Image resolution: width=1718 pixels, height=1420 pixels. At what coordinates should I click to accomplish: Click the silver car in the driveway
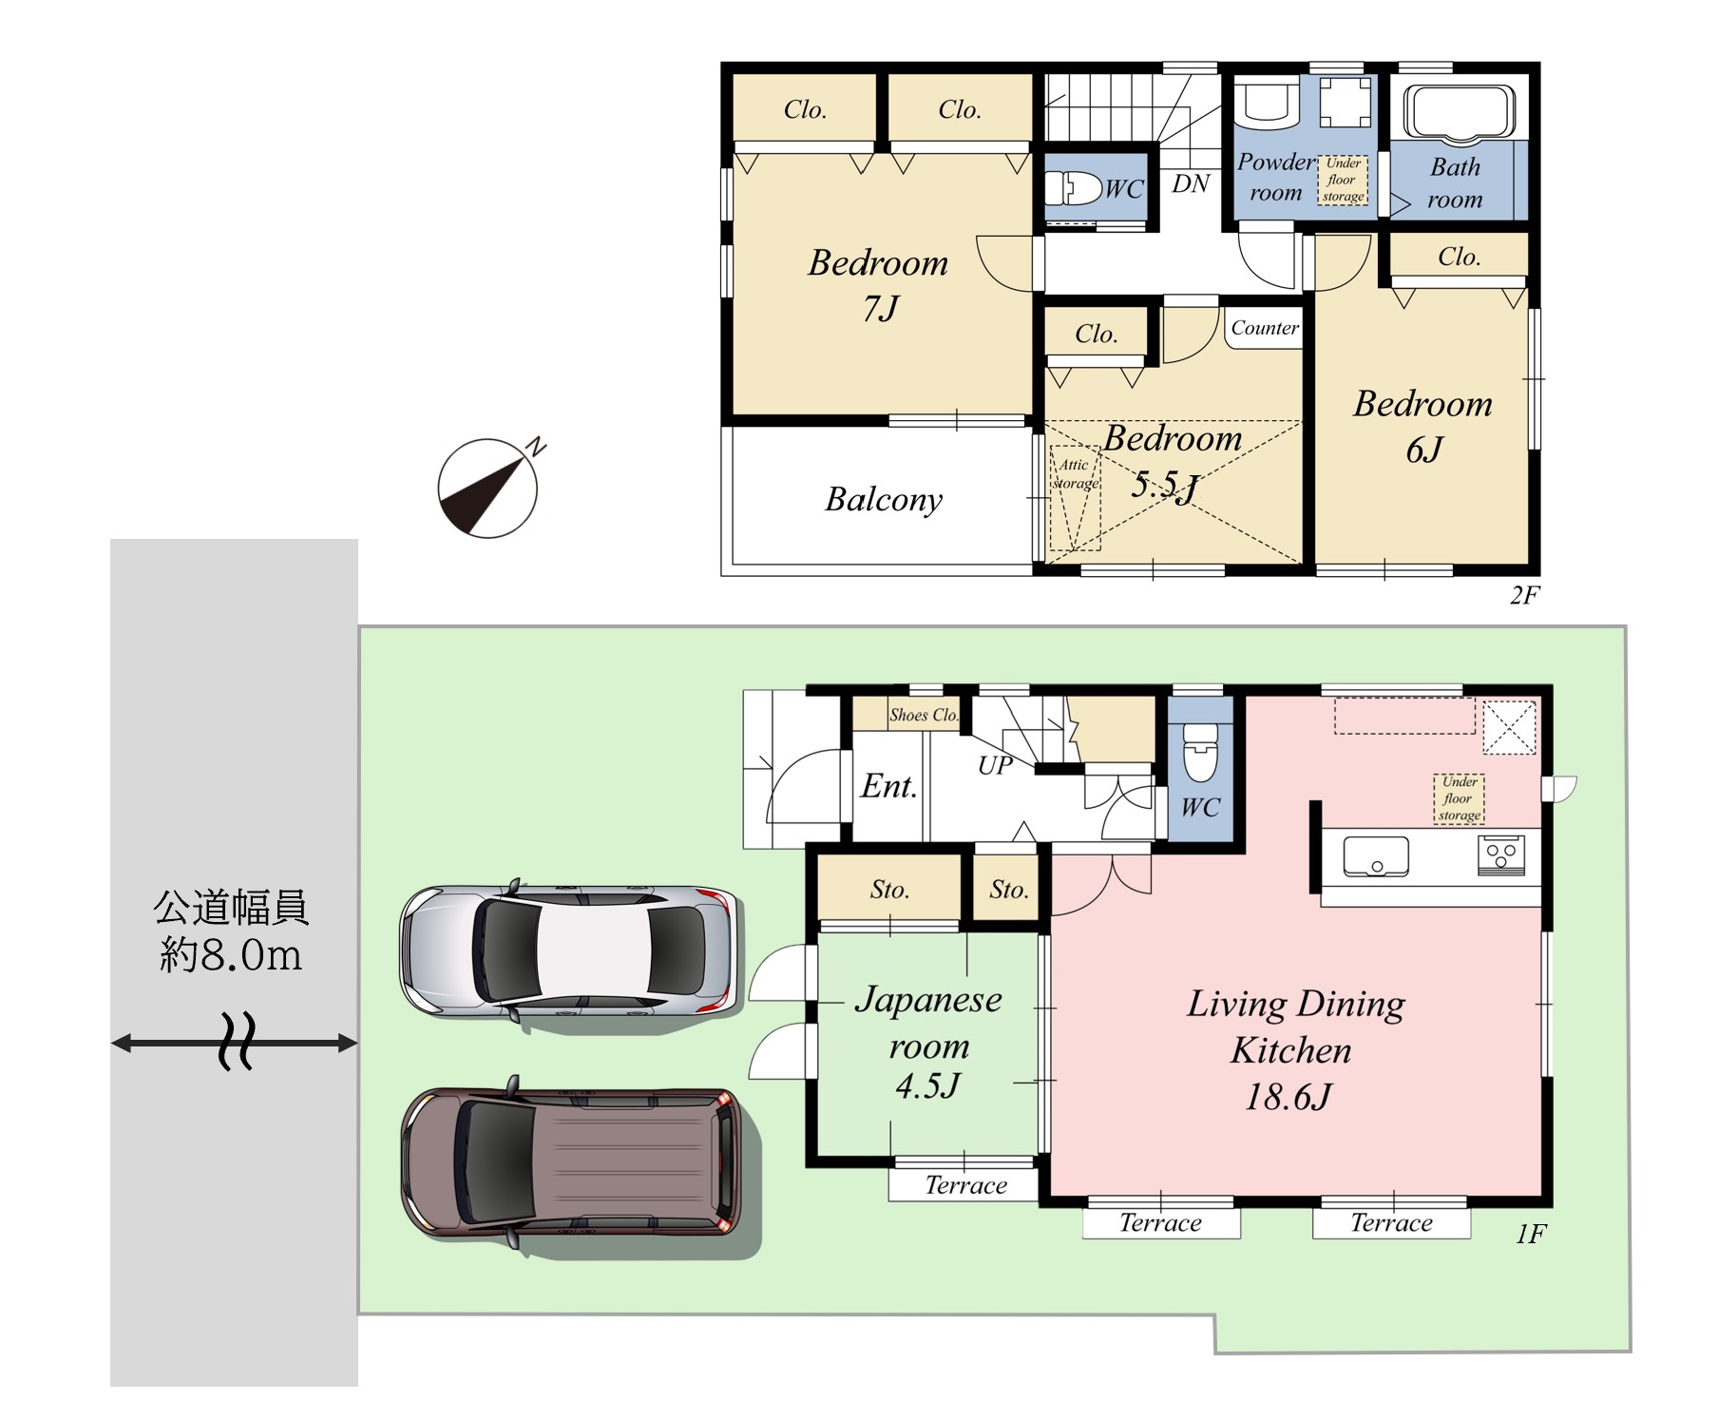pyautogui.click(x=568, y=950)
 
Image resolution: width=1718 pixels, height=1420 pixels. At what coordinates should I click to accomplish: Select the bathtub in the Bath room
pyautogui.click(x=1460, y=113)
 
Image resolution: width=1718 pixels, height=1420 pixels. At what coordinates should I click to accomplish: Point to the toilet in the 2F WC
pyautogui.click(x=1074, y=187)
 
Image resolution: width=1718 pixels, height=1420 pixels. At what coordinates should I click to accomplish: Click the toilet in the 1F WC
pyautogui.click(x=1200, y=751)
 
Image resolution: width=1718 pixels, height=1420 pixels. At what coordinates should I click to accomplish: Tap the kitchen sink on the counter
pyautogui.click(x=1376, y=855)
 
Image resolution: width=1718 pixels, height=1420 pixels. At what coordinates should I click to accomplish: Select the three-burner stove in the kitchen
pyautogui.click(x=1501, y=854)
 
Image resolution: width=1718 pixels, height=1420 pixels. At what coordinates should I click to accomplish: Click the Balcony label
pyautogui.click(x=884, y=500)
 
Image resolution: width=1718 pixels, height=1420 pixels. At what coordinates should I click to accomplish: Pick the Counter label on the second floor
pyautogui.click(x=1265, y=328)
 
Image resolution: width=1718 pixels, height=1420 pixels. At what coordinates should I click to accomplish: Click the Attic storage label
pyautogui.click(x=1075, y=473)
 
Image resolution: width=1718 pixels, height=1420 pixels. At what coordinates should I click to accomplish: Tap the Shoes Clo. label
pyautogui.click(x=924, y=715)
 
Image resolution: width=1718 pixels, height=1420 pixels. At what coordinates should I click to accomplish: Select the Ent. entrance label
pyautogui.click(x=889, y=786)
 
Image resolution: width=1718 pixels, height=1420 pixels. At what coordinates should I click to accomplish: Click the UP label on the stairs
pyautogui.click(x=995, y=765)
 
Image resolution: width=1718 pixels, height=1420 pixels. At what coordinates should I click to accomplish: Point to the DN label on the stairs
pyautogui.click(x=1191, y=183)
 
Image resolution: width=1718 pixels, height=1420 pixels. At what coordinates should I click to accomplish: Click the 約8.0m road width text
pyautogui.click(x=231, y=954)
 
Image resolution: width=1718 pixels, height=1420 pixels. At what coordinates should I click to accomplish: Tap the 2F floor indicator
pyautogui.click(x=1524, y=595)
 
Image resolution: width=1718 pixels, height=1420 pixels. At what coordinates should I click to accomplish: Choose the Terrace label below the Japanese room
pyautogui.click(x=965, y=1185)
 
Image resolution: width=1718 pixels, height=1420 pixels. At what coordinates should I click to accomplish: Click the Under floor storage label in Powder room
pyautogui.click(x=1343, y=180)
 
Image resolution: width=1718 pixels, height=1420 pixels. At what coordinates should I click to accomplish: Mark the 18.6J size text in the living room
pyautogui.click(x=1288, y=1097)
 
